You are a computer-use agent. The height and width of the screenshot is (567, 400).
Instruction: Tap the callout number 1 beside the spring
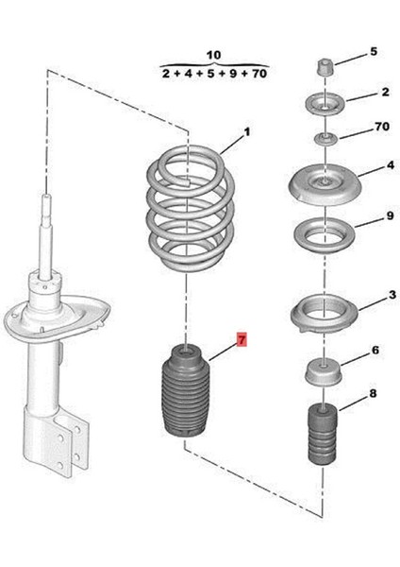point(248,132)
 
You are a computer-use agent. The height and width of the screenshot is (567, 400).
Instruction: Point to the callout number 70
point(381,126)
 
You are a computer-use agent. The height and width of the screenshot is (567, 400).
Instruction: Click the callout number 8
point(373,392)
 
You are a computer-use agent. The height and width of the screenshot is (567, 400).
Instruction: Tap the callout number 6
point(375,351)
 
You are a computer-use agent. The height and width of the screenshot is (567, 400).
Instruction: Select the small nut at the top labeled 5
point(324,70)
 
